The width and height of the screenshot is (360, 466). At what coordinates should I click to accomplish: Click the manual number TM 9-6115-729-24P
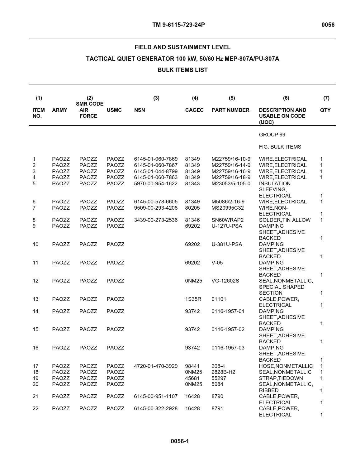pyautogui.click(x=178, y=25)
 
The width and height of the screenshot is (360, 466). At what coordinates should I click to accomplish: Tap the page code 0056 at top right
pyautogui.click(x=328, y=25)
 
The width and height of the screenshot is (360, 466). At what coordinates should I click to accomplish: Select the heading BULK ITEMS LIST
pyautogui.click(x=182, y=70)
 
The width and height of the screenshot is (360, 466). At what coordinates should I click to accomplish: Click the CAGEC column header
pyautogui.click(x=194, y=110)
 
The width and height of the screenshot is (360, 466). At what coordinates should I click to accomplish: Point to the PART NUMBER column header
pyautogui.click(x=230, y=110)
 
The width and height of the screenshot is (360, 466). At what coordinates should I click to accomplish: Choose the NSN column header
pyautogui.click(x=140, y=110)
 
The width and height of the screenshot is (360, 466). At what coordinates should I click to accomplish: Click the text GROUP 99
pyautogui.click(x=272, y=135)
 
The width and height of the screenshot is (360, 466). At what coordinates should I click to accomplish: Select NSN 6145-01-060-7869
pyautogui.click(x=156, y=159)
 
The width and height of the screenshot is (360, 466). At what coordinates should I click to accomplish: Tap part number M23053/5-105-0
pyautogui.click(x=231, y=183)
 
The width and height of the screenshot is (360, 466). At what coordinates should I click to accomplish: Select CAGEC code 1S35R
pyautogui.click(x=193, y=299)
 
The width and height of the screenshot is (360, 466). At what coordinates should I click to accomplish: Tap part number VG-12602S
pyautogui.click(x=225, y=281)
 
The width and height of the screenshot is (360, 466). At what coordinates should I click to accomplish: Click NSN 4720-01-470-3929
pyautogui.click(x=156, y=366)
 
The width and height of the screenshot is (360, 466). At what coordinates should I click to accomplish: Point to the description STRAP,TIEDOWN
pyautogui.click(x=281, y=378)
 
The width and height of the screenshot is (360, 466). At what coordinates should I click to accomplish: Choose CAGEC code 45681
pyautogui.click(x=192, y=378)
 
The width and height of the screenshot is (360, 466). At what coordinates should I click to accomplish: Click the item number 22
pyautogui.click(x=36, y=408)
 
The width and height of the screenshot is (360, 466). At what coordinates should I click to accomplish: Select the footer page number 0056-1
pyautogui.click(x=180, y=441)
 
